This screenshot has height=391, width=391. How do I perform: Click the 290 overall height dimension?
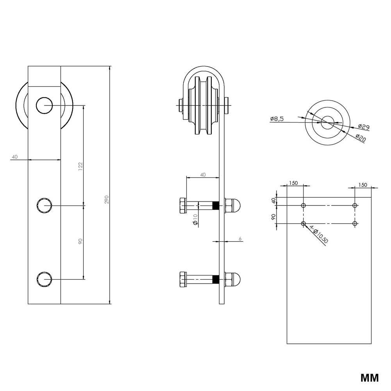[x=107, y=200]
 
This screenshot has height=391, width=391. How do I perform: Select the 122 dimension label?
[x=80, y=166]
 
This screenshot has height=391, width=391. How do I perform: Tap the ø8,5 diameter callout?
[x=277, y=119]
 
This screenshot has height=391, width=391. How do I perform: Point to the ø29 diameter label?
[x=364, y=127]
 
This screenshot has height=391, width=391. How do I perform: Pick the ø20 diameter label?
[x=361, y=137]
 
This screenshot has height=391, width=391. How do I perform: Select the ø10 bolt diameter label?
[x=195, y=220]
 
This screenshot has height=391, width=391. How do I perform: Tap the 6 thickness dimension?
[x=240, y=239]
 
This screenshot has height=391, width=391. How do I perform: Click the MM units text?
[x=369, y=378]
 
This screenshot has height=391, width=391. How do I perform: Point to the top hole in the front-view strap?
[x=45, y=105]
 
